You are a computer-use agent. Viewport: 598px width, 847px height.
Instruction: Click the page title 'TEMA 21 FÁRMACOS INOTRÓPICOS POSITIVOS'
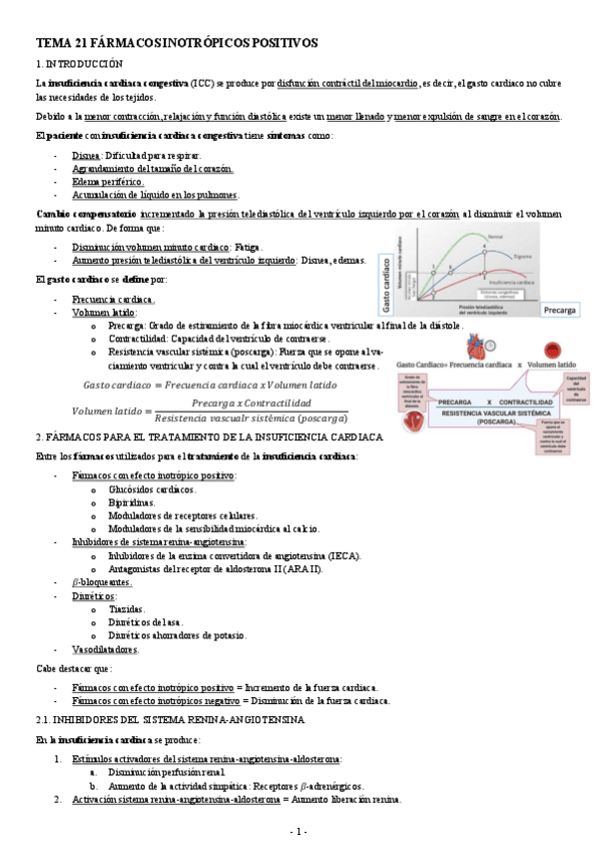pos(177,44)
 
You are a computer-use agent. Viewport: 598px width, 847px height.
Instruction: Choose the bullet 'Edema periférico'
pos(108,182)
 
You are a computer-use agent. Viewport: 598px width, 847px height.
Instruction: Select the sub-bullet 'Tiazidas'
pos(127,608)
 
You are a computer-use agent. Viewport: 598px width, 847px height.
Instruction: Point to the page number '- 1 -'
pos(299,831)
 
